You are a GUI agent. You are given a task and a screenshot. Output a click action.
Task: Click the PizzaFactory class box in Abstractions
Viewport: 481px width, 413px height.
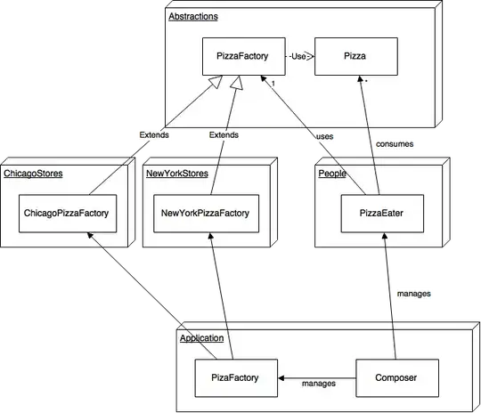(242, 56)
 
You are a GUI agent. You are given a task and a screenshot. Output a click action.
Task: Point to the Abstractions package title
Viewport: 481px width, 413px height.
(193, 16)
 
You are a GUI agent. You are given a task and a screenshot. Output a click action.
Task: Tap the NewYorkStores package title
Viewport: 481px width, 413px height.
(176, 174)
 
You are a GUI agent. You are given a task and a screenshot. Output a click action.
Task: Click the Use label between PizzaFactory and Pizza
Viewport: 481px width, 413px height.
(298, 56)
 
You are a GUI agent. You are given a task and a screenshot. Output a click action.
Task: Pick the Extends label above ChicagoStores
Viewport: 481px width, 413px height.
(153, 135)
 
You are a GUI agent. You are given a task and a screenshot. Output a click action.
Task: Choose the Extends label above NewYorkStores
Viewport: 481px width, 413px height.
(223, 135)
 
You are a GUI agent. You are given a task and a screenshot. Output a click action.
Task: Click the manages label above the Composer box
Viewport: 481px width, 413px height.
(412, 293)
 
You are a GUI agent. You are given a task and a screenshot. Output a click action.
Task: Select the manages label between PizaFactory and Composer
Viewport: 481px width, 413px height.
(318, 385)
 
